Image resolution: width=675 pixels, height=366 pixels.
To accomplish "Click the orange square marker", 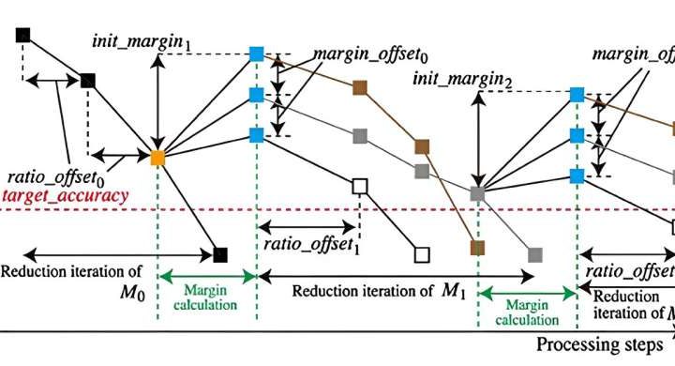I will (157, 156).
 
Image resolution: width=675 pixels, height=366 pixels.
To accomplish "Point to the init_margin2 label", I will (462, 82).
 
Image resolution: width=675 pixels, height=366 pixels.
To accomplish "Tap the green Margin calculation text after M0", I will (208, 297).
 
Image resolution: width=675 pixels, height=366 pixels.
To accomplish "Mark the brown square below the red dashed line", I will (478, 248).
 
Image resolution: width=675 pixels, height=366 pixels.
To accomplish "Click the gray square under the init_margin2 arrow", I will (478, 194).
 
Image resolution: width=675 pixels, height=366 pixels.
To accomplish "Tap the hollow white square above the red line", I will (358, 186).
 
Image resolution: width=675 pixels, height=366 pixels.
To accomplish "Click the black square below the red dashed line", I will (220, 253).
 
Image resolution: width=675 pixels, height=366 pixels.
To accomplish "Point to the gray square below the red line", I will (535, 254).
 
